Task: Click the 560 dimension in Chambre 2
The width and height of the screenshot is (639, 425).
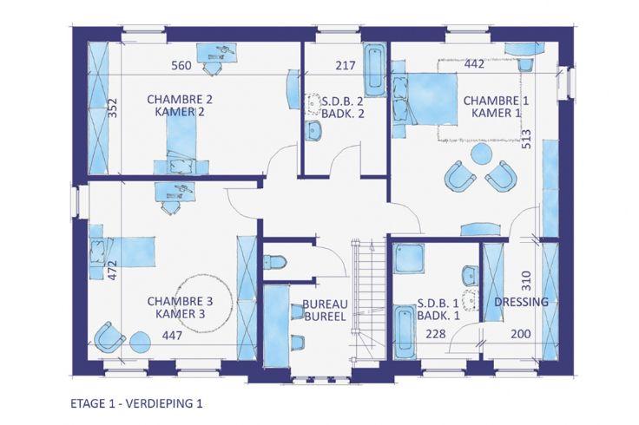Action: point(181,65)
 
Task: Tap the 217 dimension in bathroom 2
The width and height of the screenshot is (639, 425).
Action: point(346,65)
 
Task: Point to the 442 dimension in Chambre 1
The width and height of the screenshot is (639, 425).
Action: point(474,63)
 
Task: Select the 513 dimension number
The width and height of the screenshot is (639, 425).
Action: point(526,139)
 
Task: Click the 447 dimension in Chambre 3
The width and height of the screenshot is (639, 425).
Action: point(173,336)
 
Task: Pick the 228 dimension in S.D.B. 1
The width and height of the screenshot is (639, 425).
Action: point(436,334)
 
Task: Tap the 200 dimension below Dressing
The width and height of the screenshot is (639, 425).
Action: point(521,334)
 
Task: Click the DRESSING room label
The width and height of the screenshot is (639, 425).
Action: point(521,302)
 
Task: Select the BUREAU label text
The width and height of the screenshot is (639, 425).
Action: point(325,304)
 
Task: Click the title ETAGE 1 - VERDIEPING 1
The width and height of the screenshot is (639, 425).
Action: point(136,403)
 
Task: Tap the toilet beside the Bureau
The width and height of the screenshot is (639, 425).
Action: point(275,262)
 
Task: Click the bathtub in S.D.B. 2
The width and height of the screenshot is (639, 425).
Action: point(375,70)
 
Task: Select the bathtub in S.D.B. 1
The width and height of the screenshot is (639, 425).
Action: point(405,332)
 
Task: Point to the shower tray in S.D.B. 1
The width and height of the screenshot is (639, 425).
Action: point(409,258)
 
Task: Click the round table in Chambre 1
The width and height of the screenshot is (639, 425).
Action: point(482,154)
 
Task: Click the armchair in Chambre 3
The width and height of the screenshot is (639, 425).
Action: point(109,337)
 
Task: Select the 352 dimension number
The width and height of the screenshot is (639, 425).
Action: point(113,108)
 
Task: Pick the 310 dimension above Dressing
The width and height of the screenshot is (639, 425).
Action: point(526,280)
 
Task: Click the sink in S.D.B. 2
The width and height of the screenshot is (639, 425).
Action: point(313,131)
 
